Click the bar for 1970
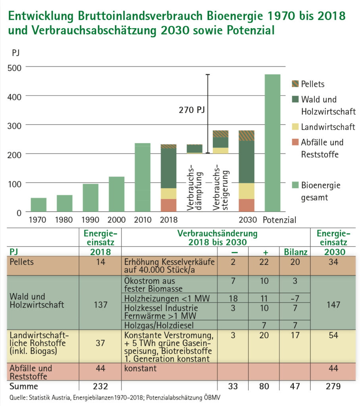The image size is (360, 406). (39, 205)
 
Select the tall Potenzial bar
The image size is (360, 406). (272, 143)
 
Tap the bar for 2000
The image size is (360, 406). (116, 194)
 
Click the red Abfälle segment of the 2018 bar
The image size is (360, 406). (168, 205)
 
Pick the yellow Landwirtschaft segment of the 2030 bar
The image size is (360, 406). (246, 191)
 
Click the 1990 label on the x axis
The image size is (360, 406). (90, 220)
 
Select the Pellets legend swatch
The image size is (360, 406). (296, 84)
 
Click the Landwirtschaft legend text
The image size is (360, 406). (328, 127)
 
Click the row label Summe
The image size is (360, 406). (25, 386)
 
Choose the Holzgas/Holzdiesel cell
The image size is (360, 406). (153, 325)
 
